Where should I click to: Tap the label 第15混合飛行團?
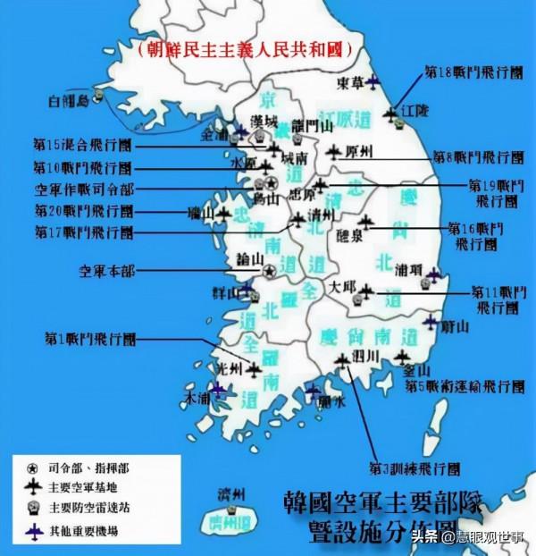click(x=82, y=144)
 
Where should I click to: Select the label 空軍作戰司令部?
click(x=86, y=190)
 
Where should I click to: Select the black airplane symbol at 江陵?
click(x=390, y=114)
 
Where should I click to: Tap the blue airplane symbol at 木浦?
click(x=217, y=390)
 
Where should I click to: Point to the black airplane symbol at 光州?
click(x=255, y=367)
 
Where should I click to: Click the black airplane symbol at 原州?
click(x=335, y=152)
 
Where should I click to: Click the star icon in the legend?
click(x=31, y=468)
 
